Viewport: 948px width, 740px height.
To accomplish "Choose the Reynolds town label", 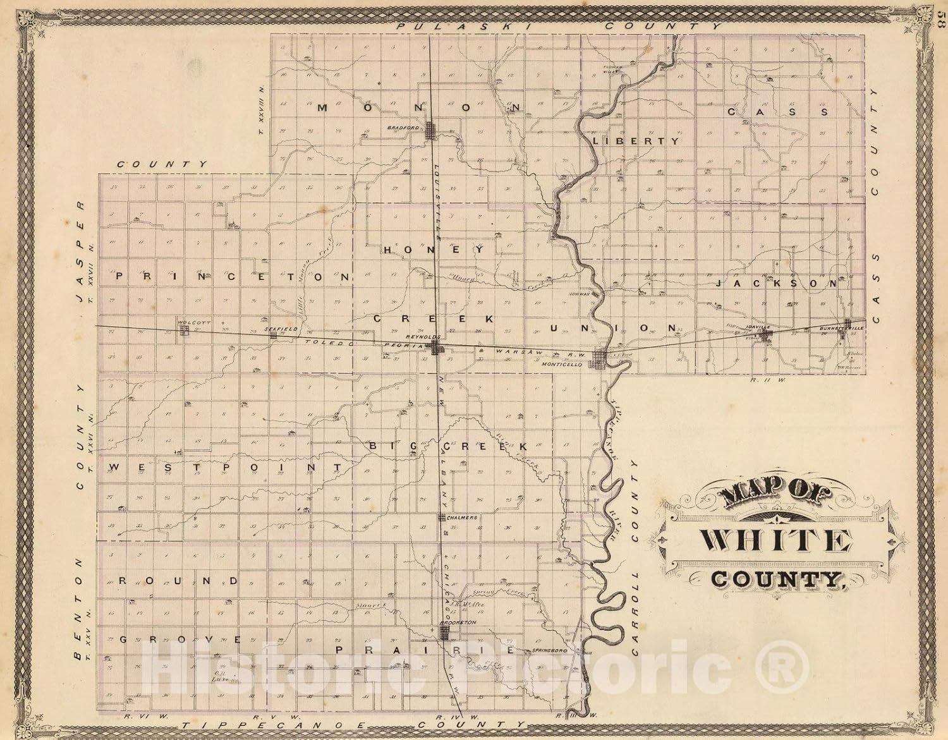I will (x=418, y=337).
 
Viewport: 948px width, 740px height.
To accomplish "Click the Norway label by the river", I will (x=580, y=294).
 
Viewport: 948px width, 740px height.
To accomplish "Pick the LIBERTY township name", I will (x=636, y=142).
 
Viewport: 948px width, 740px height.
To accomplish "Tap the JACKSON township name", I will (x=778, y=284).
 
